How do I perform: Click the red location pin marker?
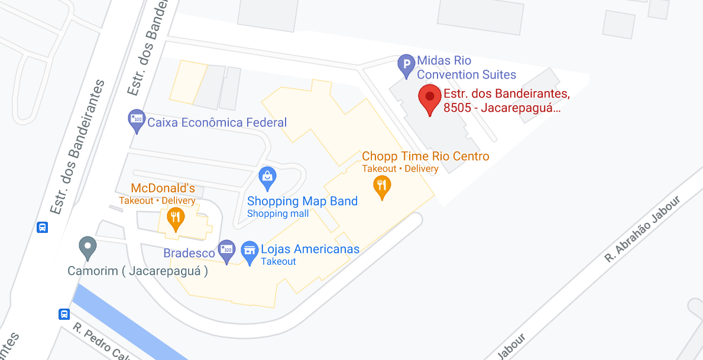430,99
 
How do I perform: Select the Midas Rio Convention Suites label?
466,67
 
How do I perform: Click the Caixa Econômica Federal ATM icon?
137,121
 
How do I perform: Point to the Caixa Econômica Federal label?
217,122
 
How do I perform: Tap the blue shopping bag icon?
268,177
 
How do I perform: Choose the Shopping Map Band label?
302,201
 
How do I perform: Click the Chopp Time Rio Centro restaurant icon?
383,187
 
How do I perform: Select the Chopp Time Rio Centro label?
426,156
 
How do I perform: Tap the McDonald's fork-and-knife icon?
174,219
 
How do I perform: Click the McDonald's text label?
163,188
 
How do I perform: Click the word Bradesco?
189,253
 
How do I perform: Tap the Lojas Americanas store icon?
250,251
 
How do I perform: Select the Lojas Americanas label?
310,249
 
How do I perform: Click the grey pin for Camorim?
88,247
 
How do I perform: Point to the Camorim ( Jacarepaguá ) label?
138,272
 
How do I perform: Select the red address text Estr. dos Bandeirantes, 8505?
507,100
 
